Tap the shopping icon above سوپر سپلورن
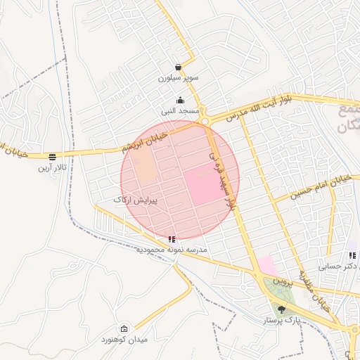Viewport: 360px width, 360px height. pos(179,67)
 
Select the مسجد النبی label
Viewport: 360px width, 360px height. pos(181,110)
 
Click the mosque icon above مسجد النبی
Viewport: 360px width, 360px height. pos(181,100)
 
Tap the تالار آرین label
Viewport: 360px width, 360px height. pos(53,167)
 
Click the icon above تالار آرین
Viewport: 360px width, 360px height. pos(53,156)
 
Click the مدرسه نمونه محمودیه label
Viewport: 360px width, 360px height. pos(174,250)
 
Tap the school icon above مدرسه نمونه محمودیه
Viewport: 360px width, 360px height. pos(173,239)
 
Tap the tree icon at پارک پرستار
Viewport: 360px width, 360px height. pos(282,309)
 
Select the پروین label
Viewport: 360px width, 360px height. pos(281,283)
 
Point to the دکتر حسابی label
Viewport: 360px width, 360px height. pos(339,266)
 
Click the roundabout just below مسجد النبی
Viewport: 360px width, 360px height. pos(205,122)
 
